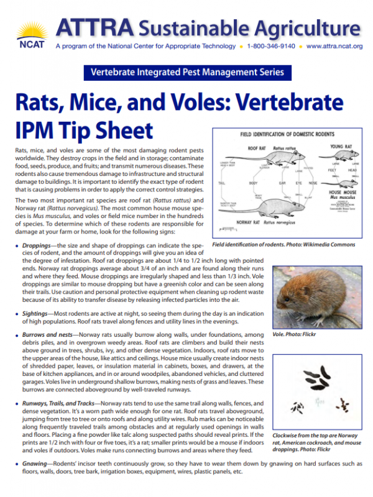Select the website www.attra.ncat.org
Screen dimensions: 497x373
pyautogui.click(x=334, y=46)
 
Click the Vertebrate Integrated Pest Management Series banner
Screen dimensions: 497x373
pyautogui.click(x=186, y=73)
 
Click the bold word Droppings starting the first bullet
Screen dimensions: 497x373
pyautogui.click(x=37, y=247)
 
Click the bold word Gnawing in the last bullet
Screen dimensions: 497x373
pyautogui.click(x=35, y=465)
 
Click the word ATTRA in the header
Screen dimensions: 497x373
pyautogui.click(x=93, y=26)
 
